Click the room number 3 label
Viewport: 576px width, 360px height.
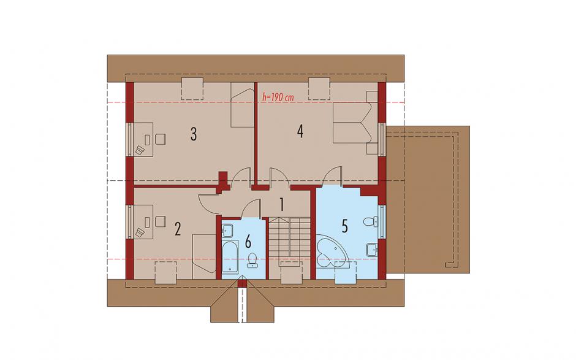pos(193,134)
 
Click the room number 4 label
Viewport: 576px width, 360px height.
pos(300,131)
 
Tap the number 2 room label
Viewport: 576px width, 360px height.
pos(178,229)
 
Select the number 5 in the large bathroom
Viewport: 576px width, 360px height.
pos(344,226)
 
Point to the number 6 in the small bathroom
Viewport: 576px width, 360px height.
pos(248,242)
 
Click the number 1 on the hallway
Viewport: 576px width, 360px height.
pos(282,205)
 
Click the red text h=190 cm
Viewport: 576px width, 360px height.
pos(278,97)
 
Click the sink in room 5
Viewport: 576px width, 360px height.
pos(372,249)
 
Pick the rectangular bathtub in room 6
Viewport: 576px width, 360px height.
pos(230,258)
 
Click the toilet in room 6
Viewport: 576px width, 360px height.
pos(252,261)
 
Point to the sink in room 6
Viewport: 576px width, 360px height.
pos(227,231)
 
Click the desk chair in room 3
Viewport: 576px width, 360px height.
pos(160,139)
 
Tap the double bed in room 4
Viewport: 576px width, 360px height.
pos(353,123)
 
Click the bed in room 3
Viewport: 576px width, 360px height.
pos(243,105)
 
